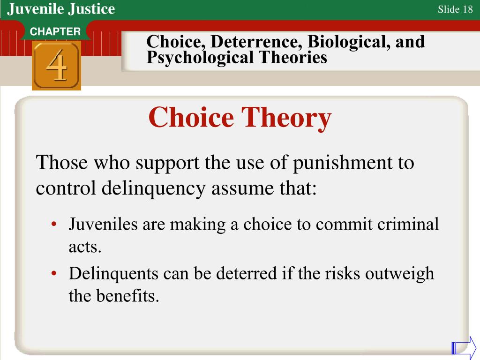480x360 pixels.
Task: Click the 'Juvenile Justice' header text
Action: [x=61, y=8]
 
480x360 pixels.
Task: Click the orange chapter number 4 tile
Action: [x=56, y=66]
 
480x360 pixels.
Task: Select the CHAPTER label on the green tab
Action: [x=55, y=32]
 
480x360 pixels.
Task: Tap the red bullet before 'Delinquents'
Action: [x=55, y=274]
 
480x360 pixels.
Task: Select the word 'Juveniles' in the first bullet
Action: [x=103, y=225]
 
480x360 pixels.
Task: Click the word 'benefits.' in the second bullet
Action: [x=128, y=296]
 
